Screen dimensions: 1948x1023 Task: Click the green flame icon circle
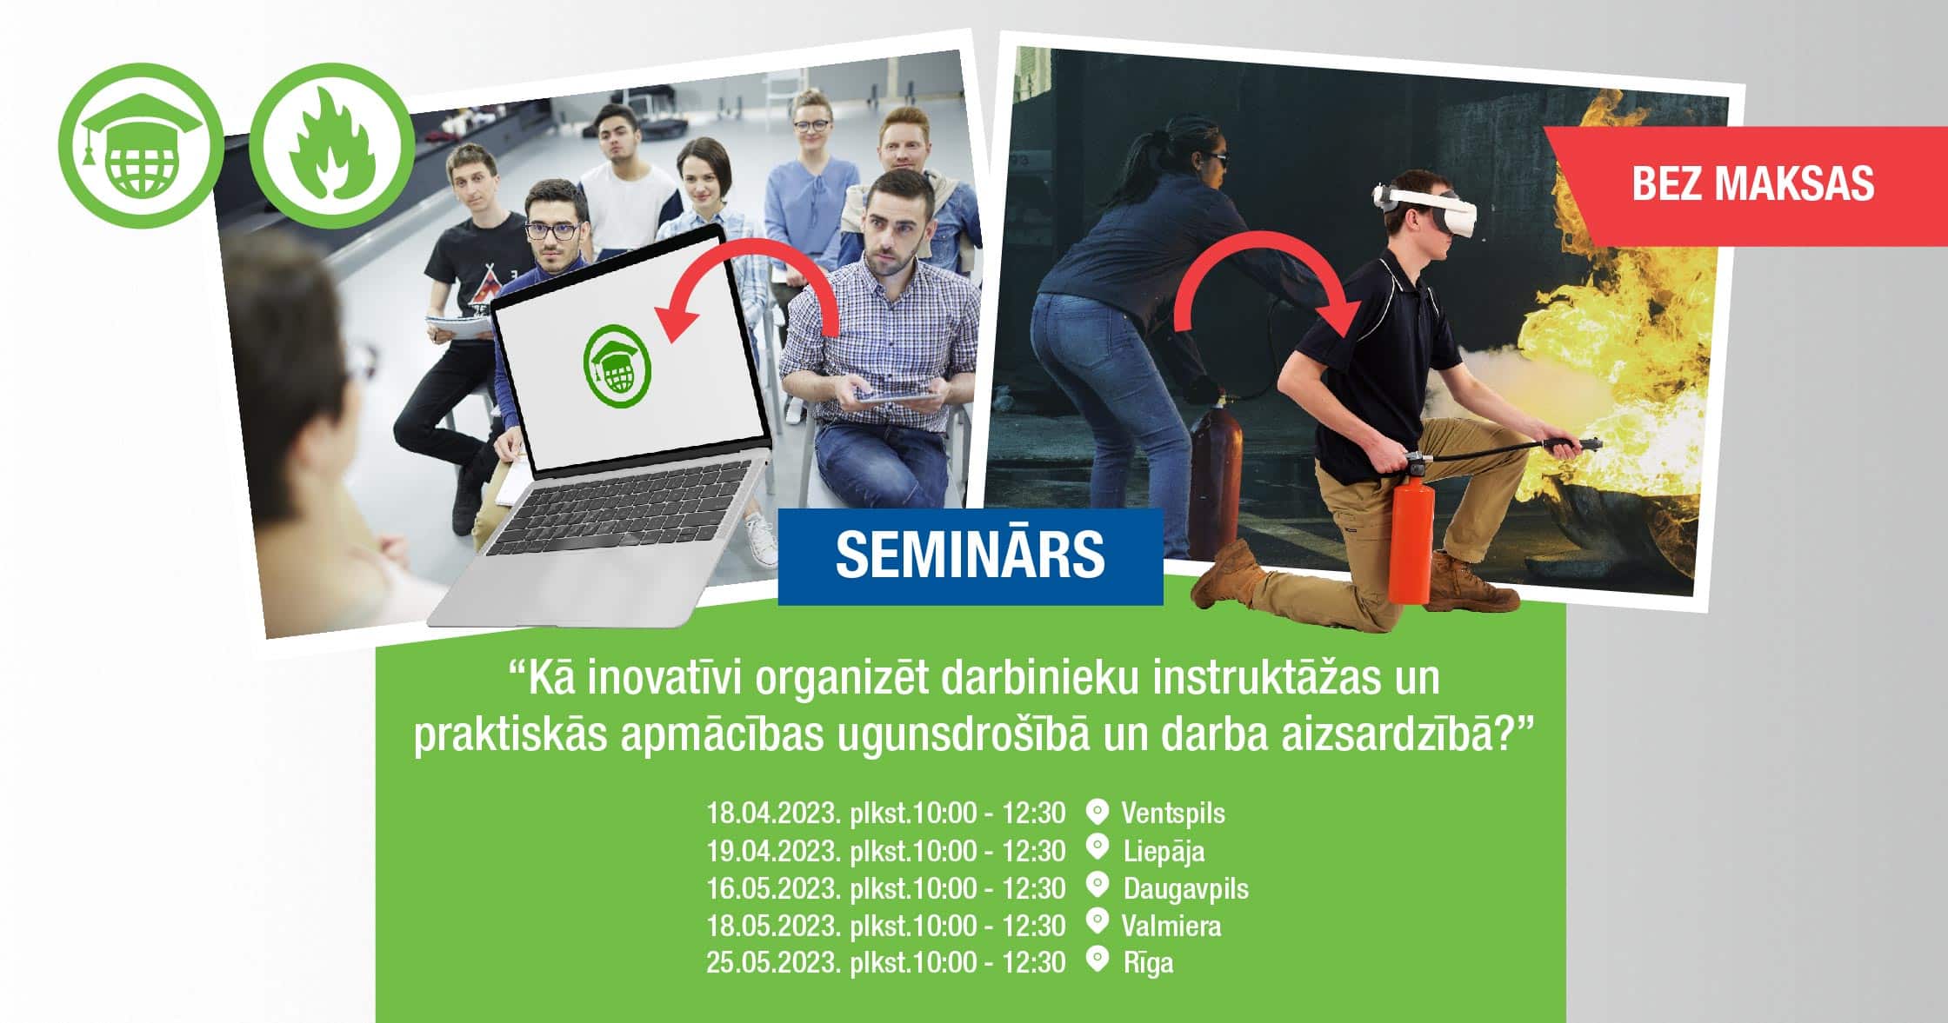tap(331, 145)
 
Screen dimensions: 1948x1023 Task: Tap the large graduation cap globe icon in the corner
tap(141, 145)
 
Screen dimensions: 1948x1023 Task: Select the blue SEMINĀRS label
tap(971, 556)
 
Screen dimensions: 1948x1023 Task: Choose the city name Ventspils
tap(1173, 814)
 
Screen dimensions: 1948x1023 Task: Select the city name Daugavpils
tap(1186, 889)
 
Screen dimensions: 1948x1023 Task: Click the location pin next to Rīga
tap(1098, 960)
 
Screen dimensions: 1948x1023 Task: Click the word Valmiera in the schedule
tap(1171, 926)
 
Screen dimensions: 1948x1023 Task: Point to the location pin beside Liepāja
tap(1098, 847)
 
